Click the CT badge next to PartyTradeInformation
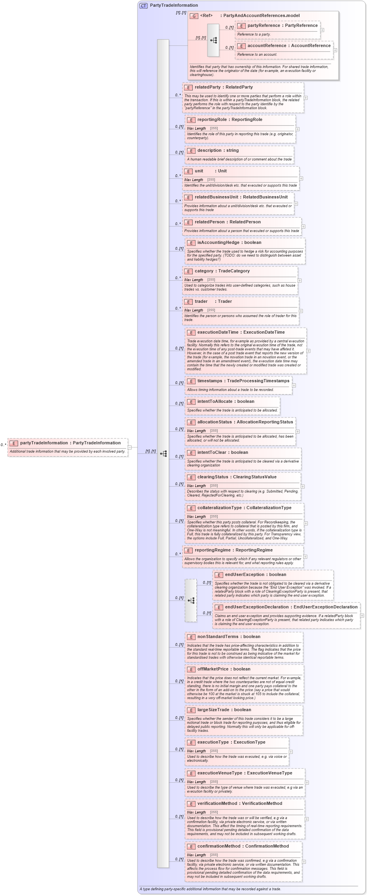(x=143, y=6)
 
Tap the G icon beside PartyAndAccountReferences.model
(x=194, y=16)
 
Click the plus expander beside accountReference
(x=335, y=50)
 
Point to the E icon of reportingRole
(x=191, y=120)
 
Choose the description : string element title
(x=218, y=150)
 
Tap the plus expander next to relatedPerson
(x=303, y=227)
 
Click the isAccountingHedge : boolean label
(x=229, y=242)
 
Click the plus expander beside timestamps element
(x=294, y=385)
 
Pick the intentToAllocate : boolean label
(x=226, y=401)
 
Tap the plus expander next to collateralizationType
(x=306, y=523)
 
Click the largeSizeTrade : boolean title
(x=224, y=710)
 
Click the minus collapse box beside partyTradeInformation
(x=130, y=447)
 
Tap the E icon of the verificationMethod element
(x=191, y=804)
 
